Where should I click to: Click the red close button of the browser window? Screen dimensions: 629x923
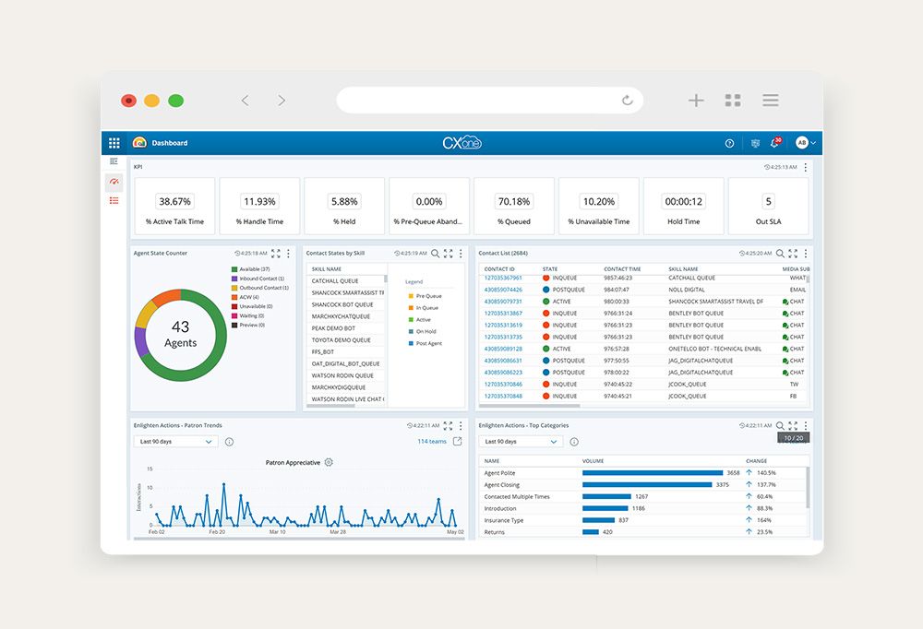(128, 101)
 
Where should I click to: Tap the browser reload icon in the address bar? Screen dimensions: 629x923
(628, 101)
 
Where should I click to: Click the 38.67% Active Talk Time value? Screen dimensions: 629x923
(174, 202)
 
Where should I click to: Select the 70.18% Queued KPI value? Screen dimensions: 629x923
(514, 202)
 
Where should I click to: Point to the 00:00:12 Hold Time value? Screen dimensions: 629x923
(684, 202)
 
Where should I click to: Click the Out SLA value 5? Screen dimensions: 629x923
(768, 202)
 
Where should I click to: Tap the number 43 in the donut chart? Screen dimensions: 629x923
(180, 327)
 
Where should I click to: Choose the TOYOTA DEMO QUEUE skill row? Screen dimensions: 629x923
(341, 340)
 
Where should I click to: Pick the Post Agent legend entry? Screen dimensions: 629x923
(428, 343)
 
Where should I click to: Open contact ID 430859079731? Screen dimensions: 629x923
(503, 302)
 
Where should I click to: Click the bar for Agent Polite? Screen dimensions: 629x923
(653, 473)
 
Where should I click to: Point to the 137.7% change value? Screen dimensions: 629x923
(766, 485)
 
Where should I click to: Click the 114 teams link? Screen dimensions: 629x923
(431, 442)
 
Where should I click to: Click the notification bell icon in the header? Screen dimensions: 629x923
(774, 143)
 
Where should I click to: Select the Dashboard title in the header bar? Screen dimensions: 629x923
(170, 143)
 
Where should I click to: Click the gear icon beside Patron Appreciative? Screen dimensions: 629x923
(329, 462)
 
